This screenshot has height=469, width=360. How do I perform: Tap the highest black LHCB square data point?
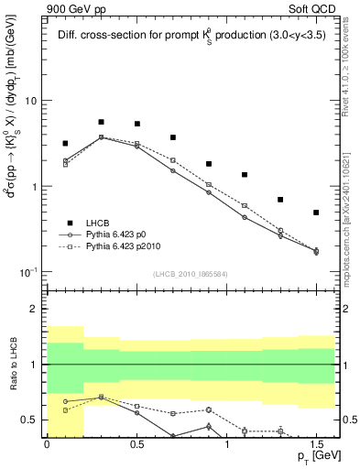coord(101,122)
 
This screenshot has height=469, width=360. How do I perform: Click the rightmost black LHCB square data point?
coord(316,213)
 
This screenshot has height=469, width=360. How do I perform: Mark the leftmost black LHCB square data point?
coord(65,144)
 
